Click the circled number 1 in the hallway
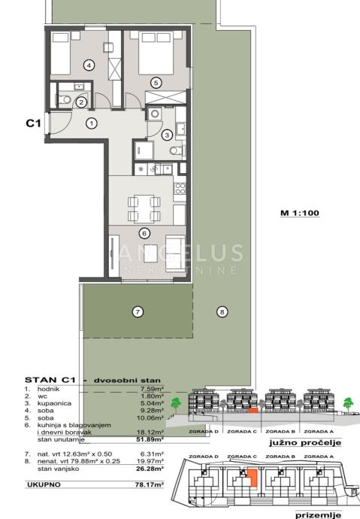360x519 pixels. click(92, 123)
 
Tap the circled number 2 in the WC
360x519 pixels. click(81, 102)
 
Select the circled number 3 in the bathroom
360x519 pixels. click(167, 135)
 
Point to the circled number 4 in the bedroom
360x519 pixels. click(89, 65)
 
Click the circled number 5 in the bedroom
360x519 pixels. click(156, 82)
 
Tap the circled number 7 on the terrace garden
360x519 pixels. click(138, 311)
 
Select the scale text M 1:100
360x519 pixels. click(301, 213)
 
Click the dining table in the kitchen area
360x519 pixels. click(142, 205)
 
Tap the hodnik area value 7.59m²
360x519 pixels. click(152, 390)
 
